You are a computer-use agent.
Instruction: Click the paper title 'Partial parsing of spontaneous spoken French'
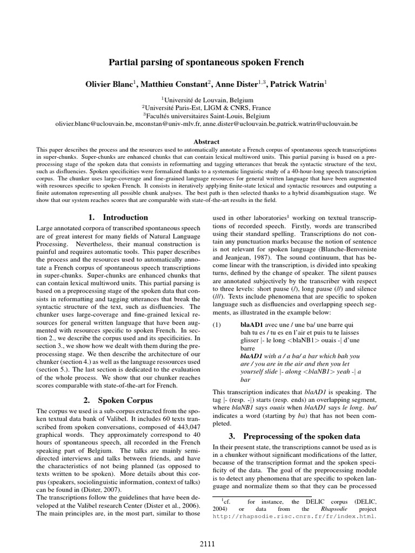coord(207,63)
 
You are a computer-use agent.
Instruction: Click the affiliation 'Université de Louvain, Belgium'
coord(208,99)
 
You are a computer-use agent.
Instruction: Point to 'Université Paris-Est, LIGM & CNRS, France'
coord(208,107)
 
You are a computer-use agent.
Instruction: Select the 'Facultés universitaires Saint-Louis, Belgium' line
coord(208,115)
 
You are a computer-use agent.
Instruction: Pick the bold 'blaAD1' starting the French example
coord(251,325)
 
